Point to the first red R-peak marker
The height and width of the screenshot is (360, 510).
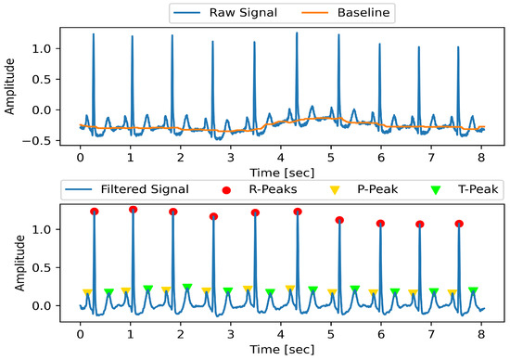tap(94, 212)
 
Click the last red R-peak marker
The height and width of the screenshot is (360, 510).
tap(459, 224)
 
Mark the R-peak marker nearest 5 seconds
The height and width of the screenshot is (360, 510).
tap(339, 220)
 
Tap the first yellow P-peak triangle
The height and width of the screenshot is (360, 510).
tap(87, 292)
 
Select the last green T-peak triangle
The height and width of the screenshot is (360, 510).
tap(473, 290)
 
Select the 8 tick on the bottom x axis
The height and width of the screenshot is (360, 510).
tap(480, 330)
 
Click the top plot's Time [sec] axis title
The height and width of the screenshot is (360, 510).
tap(280, 172)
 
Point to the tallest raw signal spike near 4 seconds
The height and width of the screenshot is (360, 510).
tap(297, 33)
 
